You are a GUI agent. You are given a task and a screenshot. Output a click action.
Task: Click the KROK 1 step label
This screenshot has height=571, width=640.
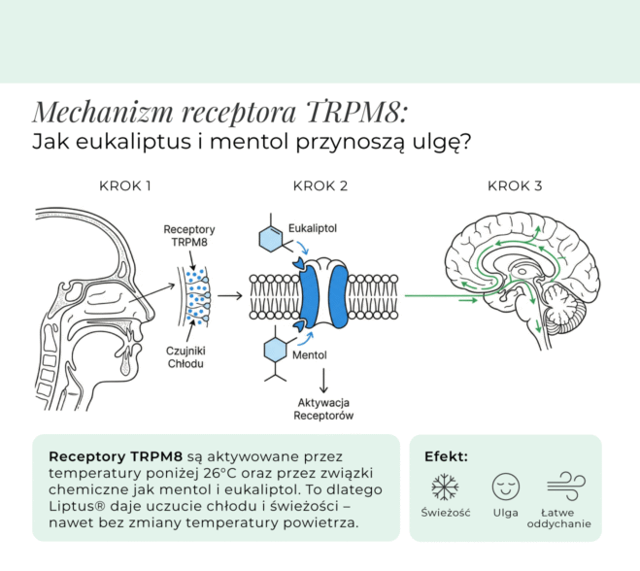(x=125, y=186)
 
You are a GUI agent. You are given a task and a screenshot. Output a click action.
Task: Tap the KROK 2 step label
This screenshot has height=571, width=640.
(x=320, y=186)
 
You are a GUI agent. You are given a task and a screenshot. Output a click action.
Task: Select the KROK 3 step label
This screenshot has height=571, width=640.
(x=515, y=186)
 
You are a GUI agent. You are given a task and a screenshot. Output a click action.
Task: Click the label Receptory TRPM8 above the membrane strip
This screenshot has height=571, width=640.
(x=189, y=236)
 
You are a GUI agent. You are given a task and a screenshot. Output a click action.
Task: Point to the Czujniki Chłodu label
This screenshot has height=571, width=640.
(x=185, y=357)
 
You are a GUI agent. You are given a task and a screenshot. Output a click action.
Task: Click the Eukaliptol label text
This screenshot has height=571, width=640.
(x=313, y=228)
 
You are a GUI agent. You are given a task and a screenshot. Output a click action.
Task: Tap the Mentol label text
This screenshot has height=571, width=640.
(x=310, y=355)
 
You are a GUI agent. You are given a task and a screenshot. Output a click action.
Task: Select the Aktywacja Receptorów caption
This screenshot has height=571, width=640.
(x=323, y=410)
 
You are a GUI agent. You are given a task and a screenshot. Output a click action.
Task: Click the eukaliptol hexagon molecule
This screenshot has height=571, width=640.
(x=271, y=238)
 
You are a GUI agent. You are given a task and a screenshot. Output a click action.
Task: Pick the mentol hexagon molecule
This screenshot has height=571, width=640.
(x=276, y=350)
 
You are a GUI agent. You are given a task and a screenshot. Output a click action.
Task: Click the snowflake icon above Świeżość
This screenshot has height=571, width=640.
(x=445, y=487)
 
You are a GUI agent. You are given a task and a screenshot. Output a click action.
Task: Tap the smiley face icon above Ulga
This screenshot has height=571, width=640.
(x=506, y=487)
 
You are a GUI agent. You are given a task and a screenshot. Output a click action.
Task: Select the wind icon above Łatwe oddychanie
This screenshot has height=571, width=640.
(x=566, y=487)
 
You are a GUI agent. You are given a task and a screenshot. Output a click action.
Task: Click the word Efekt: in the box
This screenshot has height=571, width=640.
(x=446, y=456)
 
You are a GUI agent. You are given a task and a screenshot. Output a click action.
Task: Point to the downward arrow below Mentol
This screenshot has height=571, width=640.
(x=323, y=381)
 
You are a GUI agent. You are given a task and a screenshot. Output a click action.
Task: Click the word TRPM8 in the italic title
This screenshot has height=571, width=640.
(x=356, y=112)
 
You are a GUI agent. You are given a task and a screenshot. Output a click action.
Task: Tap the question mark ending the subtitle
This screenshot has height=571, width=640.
(x=466, y=141)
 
